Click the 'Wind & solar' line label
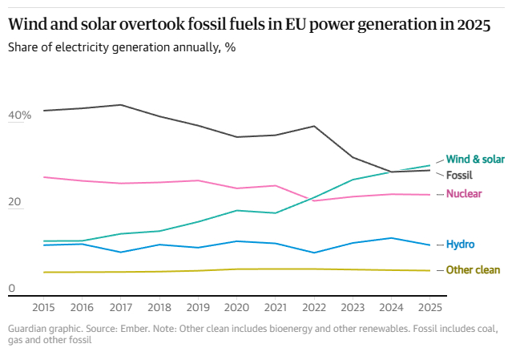point(475,159)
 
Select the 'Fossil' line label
point(459,175)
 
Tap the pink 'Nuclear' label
point(463,194)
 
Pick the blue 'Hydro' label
point(461,244)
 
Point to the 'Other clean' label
point(473,270)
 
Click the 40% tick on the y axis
point(19,115)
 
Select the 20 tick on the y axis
point(14,203)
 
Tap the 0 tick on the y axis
point(11,288)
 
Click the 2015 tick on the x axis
point(44,306)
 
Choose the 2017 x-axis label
point(121,306)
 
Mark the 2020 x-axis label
point(237,306)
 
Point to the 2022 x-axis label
point(314,306)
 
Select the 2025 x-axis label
point(429,306)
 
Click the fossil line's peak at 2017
point(121,105)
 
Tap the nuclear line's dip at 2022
point(314,200)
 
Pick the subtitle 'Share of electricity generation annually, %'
point(122,47)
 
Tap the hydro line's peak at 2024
point(391,238)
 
